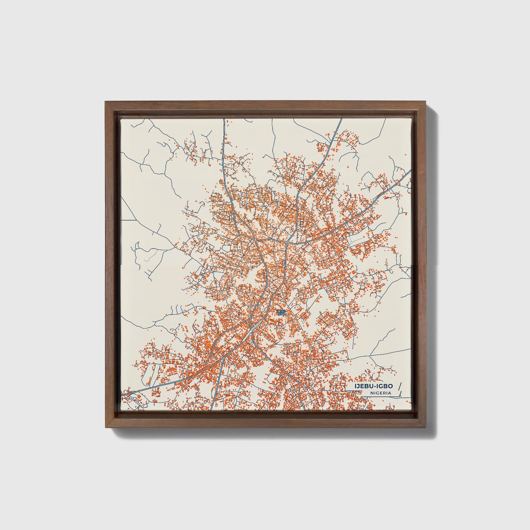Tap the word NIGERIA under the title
click(380, 393)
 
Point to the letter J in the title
click(358, 386)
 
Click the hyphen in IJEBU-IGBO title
click(376, 386)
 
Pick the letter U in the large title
click(371, 386)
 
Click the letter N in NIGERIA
click(372, 393)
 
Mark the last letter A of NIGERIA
click(389, 393)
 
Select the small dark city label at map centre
click(282, 312)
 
